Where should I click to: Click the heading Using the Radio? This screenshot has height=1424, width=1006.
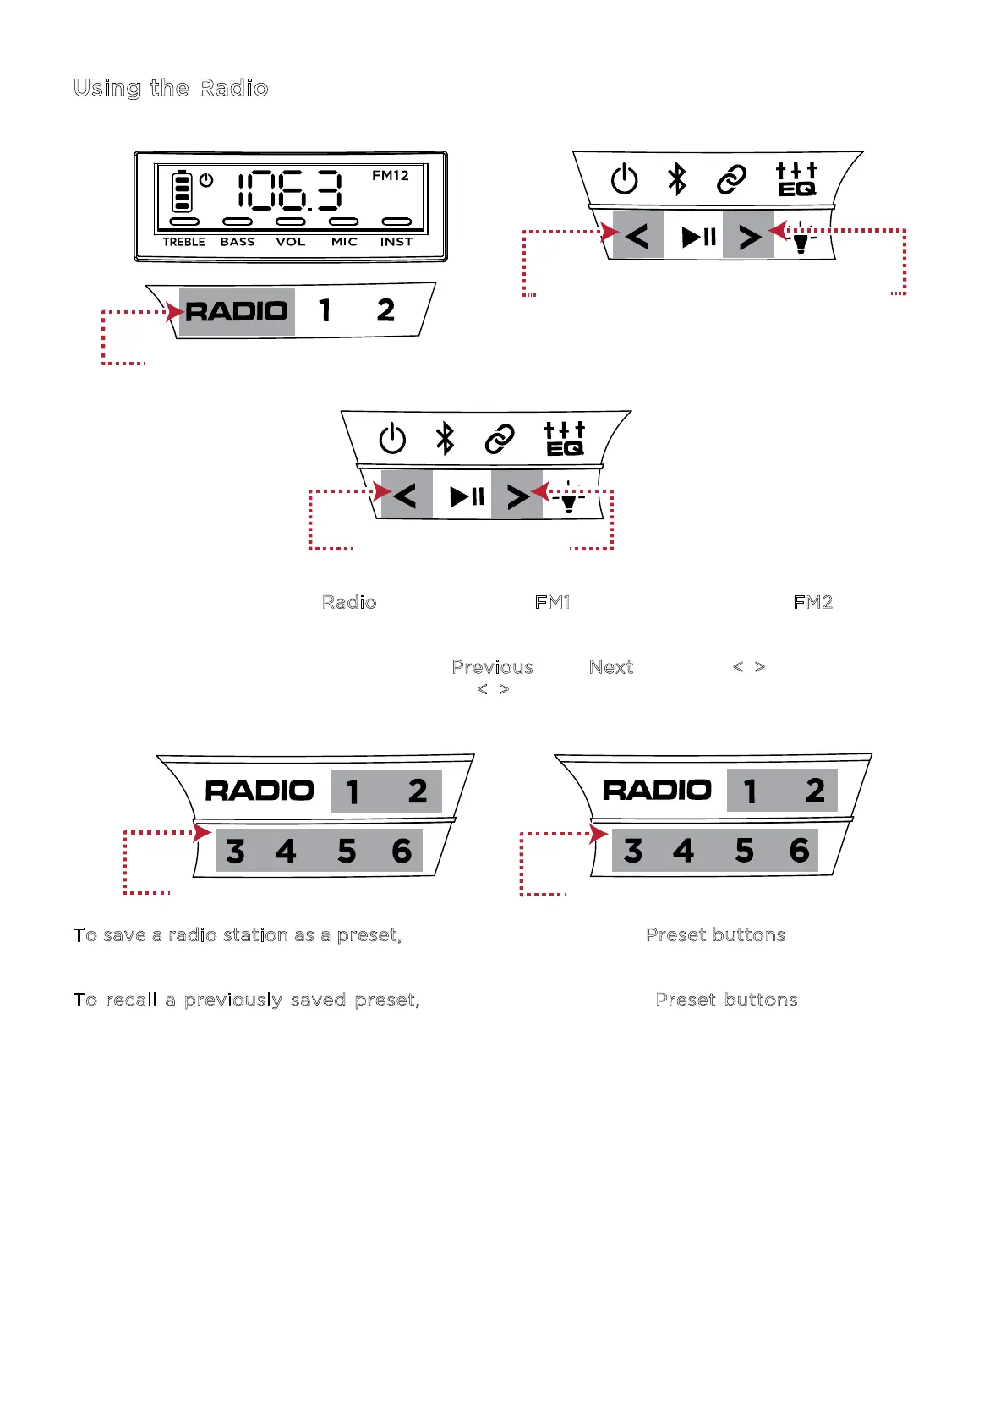pos(171,89)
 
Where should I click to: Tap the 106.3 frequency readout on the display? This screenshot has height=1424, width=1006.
pos(290,191)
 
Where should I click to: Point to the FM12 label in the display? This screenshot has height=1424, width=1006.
pos(391,176)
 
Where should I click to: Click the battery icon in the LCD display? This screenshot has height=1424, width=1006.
pos(182,192)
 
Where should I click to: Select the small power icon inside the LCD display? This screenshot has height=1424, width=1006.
pos(206,180)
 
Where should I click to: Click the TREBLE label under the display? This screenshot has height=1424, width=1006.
pos(184,242)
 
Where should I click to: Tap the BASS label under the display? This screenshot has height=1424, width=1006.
pos(238,242)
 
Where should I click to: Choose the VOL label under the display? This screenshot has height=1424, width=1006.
pos(291,242)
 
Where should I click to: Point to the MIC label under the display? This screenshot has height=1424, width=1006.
pos(344,242)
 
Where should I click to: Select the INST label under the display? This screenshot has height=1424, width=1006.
pos(396,242)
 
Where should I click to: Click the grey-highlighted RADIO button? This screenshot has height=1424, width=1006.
pos(237,311)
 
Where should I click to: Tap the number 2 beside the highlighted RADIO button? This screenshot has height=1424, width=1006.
pos(385,310)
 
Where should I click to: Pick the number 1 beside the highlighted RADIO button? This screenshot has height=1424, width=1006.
pos(325,310)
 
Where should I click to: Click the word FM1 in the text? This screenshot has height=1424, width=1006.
pos(553,602)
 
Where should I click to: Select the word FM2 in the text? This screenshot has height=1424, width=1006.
pos(813,602)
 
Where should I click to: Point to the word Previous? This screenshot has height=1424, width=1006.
pos(493,667)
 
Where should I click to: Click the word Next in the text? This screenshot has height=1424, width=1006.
pos(611,667)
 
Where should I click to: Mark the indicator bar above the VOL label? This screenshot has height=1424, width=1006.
pos(291,222)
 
